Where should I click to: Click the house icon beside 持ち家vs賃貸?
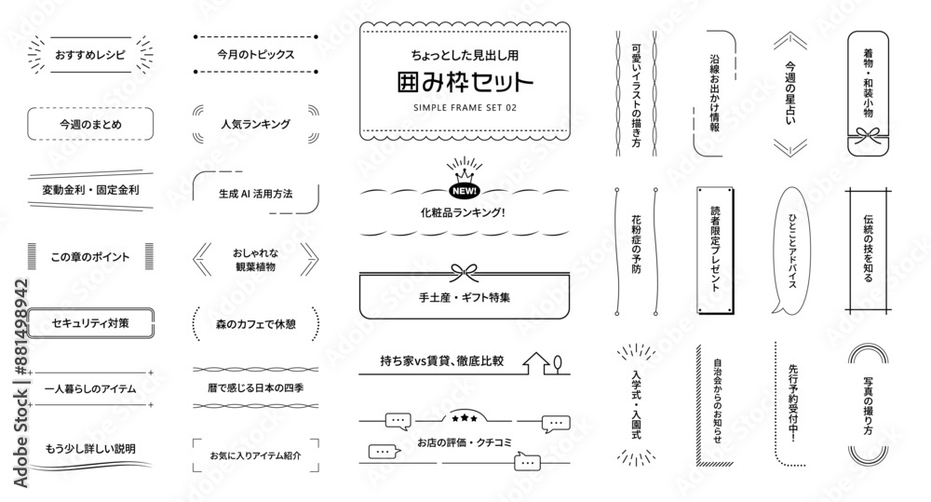click(536, 363)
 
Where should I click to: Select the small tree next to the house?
click(557, 364)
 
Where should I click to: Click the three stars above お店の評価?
click(465, 418)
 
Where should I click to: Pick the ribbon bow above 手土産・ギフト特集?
click(465, 273)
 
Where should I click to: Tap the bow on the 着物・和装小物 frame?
click(868, 139)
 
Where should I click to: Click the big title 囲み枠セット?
click(465, 82)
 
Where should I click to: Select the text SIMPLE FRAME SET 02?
click(465, 107)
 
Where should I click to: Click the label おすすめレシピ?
click(90, 55)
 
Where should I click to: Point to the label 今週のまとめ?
click(90, 124)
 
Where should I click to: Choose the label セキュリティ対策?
click(90, 323)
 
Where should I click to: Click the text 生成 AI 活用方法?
click(255, 194)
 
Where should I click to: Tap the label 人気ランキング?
click(255, 124)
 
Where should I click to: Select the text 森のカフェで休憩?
click(255, 324)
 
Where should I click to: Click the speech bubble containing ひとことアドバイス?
click(791, 251)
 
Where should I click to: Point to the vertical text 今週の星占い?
click(790, 93)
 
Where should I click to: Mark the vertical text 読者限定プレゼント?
click(715, 249)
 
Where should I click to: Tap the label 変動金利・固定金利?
click(90, 190)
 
